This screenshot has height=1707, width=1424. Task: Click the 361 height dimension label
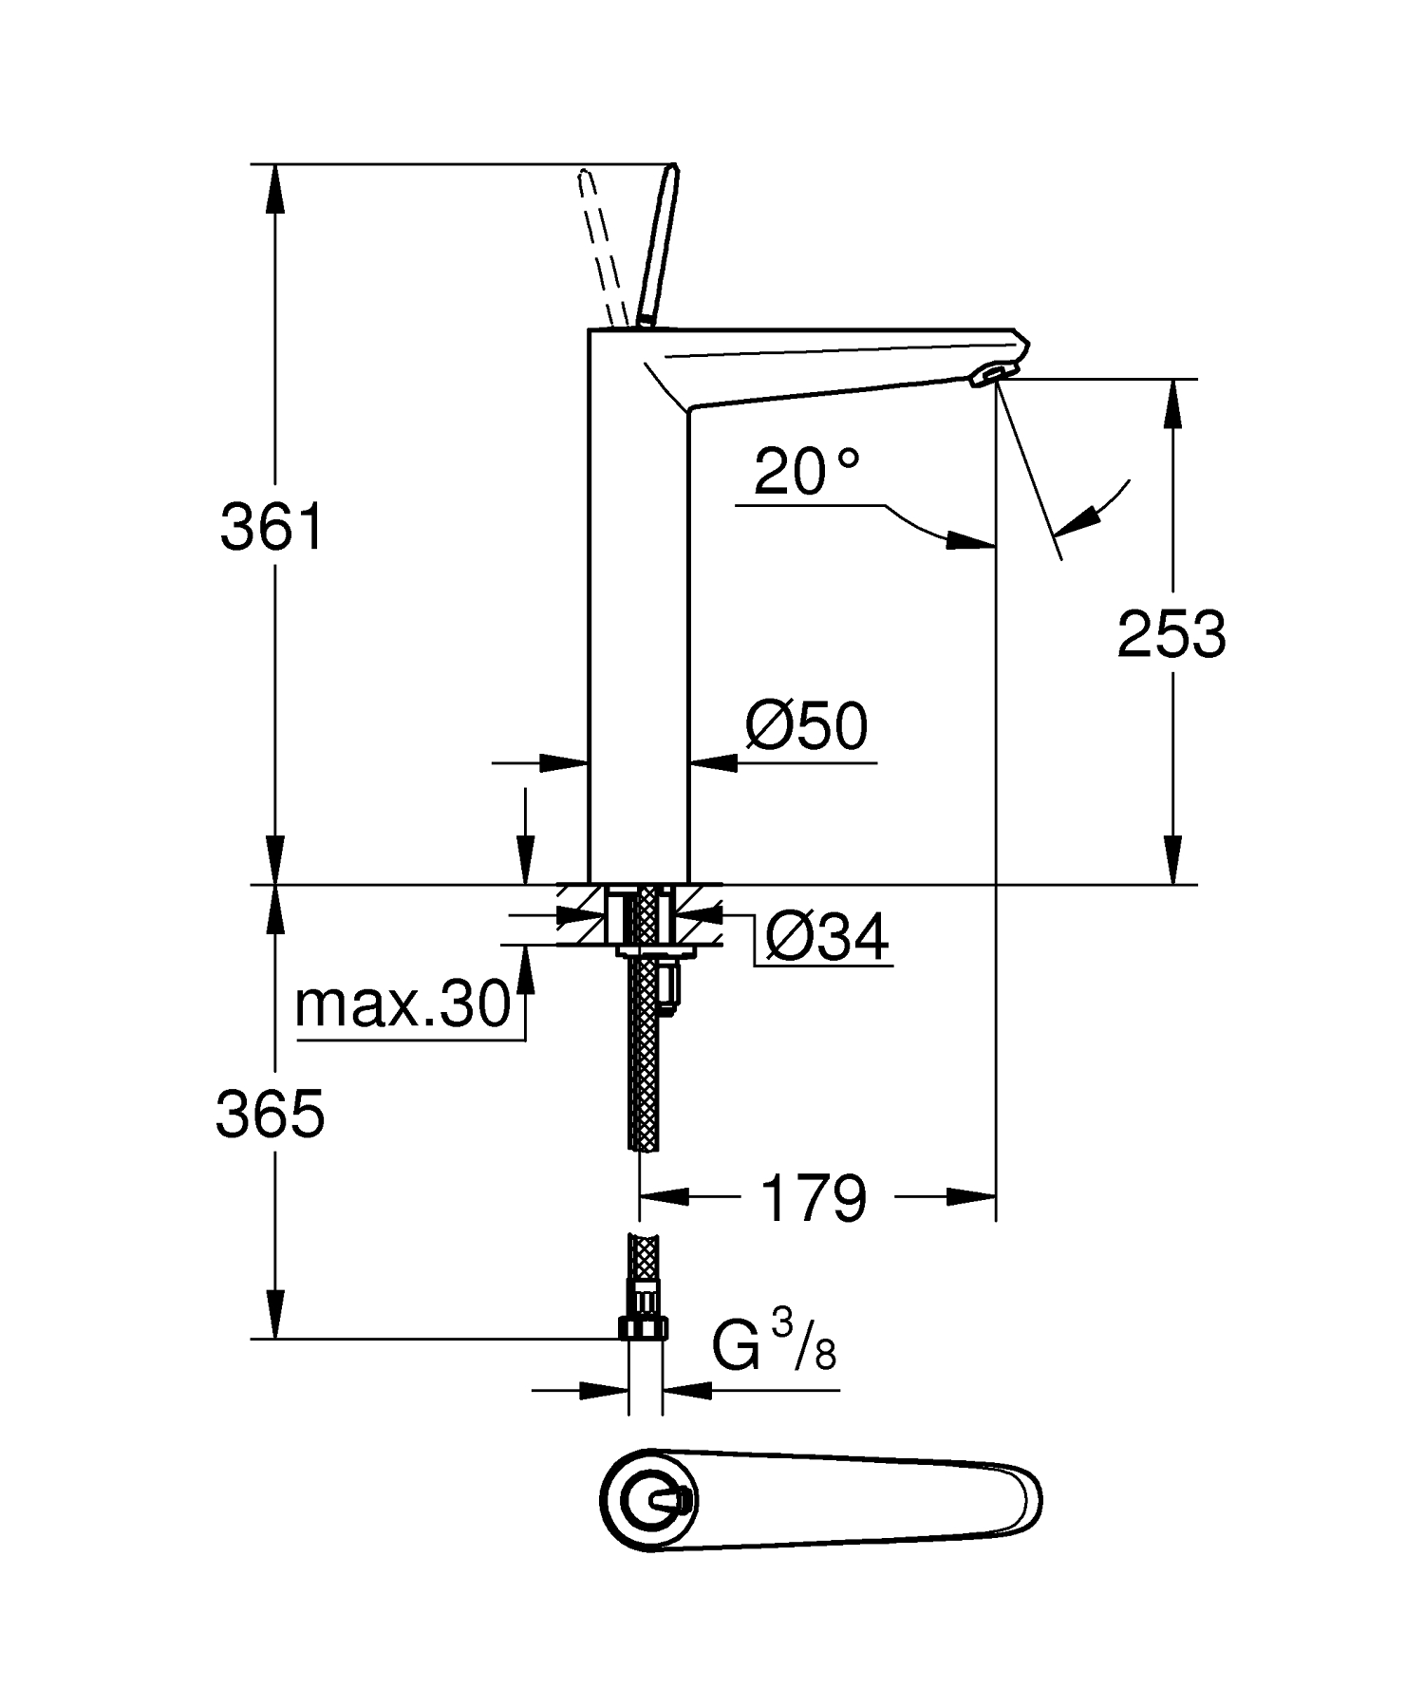click(x=272, y=528)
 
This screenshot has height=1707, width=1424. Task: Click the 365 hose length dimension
click(x=271, y=1114)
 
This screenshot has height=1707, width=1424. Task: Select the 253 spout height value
click(x=1171, y=634)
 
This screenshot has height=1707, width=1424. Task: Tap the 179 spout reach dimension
click(x=815, y=1198)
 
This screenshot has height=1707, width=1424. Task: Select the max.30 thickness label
click(x=403, y=1004)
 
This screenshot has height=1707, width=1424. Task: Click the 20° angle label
click(x=806, y=471)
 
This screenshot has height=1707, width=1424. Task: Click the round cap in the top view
click(x=651, y=1501)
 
